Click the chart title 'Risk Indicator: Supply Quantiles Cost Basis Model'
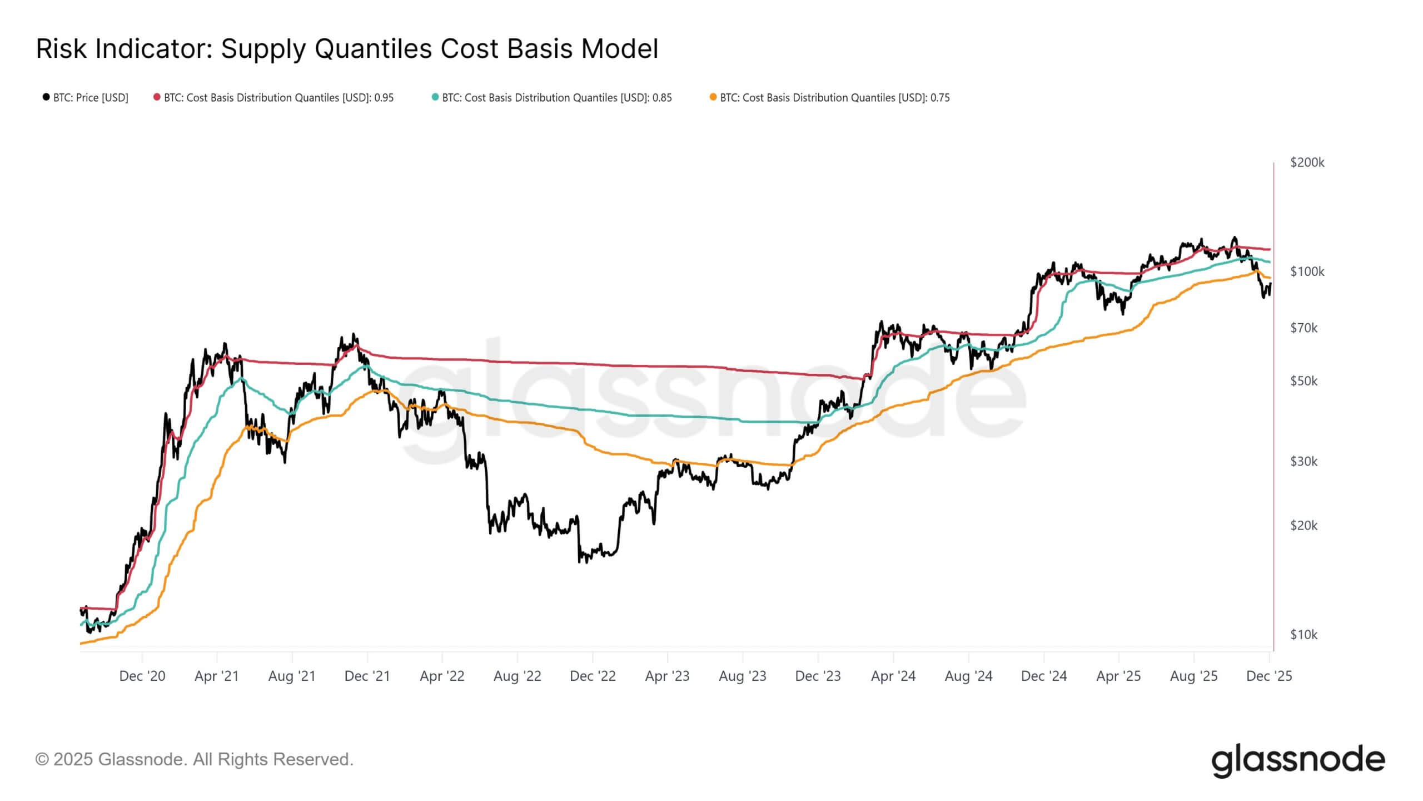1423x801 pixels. point(347,49)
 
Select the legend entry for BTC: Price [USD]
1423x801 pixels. point(86,98)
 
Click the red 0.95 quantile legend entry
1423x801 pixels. point(273,98)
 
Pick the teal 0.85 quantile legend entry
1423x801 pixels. point(551,98)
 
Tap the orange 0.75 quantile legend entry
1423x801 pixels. point(829,98)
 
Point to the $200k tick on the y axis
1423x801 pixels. point(1307,162)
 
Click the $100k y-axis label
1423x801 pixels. point(1307,271)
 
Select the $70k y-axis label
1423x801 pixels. point(1303,328)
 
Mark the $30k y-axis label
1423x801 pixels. point(1303,461)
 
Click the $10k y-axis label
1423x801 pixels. point(1303,634)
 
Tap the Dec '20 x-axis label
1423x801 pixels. point(142,676)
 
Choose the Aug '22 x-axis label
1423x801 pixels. point(518,676)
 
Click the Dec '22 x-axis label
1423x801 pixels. point(593,676)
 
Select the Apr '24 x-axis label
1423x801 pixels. point(893,676)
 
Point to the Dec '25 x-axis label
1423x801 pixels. point(1269,676)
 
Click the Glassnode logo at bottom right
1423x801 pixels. point(1298,760)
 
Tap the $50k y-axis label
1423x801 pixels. point(1303,381)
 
